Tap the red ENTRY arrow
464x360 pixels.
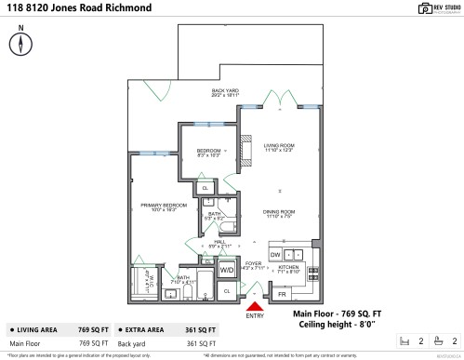[254, 306]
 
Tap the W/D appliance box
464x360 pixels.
[226, 270]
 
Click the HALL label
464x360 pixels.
[219, 244]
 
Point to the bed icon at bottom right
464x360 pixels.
[404, 341]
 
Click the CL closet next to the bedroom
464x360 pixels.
[205, 189]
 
